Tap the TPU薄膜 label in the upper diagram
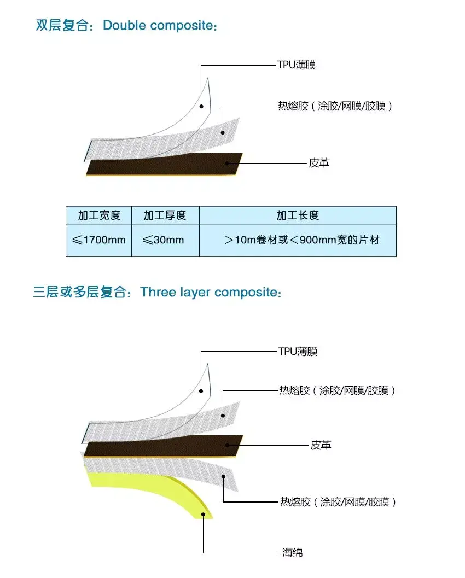[x=297, y=65]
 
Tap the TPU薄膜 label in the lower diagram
[x=298, y=351]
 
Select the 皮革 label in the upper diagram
[x=319, y=163]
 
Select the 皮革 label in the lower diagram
[x=321, y=445]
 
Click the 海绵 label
[x=293, y=552]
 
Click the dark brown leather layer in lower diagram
[x=163, y=446]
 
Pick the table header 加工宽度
[x=99, y=215]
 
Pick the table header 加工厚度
[x=165, y=215]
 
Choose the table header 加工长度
[x=298, y=215]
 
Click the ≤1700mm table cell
[x=99, y=240]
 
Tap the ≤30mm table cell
[x=164, y=240]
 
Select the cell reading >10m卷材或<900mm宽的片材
[x=301, y=240]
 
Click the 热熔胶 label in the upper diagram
[x=335, y=106]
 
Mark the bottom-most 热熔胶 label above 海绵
[x=338, y=501]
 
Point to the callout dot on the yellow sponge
[x=203, y=515]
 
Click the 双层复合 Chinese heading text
[x=62, y=26]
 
